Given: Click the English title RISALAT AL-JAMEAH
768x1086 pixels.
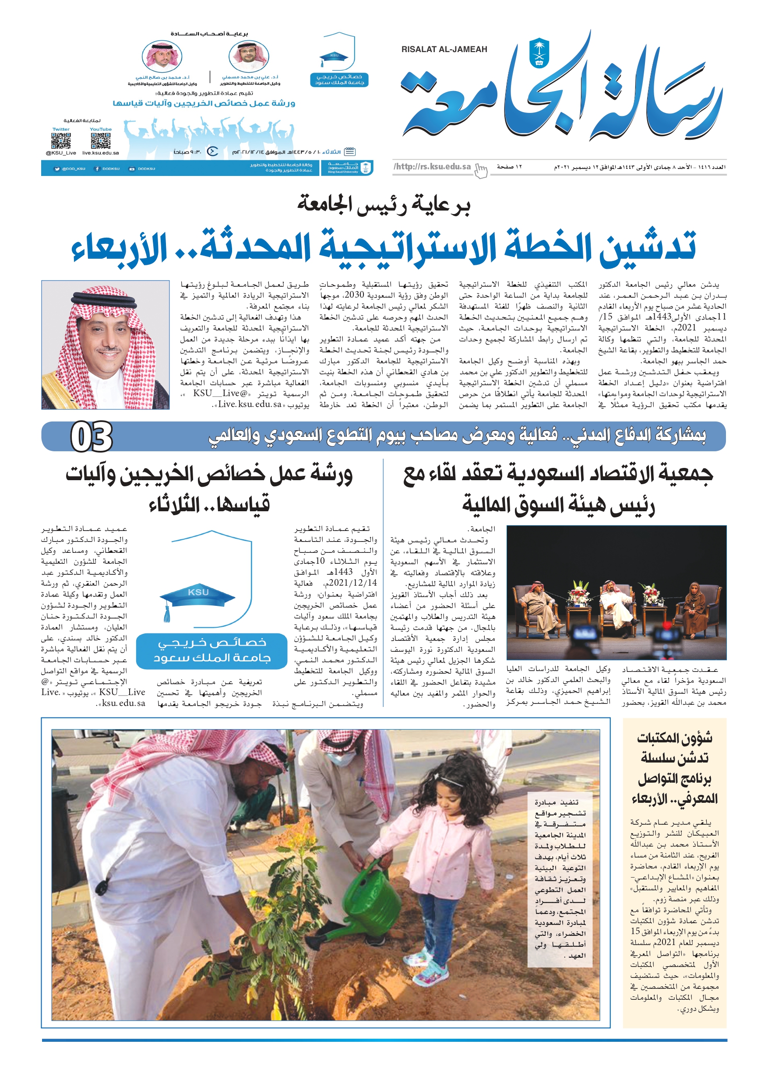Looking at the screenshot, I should tap(444, 49).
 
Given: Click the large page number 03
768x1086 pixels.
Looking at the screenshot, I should tap(92, 437).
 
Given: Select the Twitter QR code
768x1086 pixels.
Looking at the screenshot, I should tap(60, 141).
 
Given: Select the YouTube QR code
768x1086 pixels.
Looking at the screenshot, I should tap(100, 141).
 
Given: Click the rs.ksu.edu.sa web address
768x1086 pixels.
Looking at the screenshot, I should tap(432, 166).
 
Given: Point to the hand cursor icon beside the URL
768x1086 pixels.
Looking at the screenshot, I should tap(481, 170).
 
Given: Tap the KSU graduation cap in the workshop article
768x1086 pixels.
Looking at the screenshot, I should tap(198, 600).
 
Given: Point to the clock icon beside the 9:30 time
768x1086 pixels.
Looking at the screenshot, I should tap(213, 152).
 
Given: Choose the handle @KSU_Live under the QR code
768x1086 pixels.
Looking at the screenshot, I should tap(60, 153).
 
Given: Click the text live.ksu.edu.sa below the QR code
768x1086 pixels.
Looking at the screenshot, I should tap(100, 153).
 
